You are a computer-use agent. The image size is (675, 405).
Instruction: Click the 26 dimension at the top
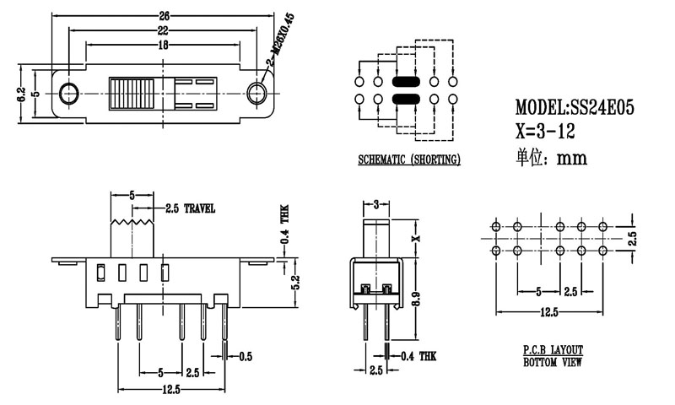pos(164,14)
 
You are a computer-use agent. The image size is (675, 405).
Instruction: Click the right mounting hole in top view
pos(258,92)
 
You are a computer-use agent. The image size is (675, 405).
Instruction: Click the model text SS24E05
pos(574,108)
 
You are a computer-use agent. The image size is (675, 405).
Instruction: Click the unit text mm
pos(571,158)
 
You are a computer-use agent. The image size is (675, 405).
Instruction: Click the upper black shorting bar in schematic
pos(406,83)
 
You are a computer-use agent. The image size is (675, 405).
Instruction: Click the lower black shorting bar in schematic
pos(406,100)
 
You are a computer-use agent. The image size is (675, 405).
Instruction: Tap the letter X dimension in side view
pos(415,240)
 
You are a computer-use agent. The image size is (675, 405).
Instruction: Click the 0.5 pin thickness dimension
pos(246,357)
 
